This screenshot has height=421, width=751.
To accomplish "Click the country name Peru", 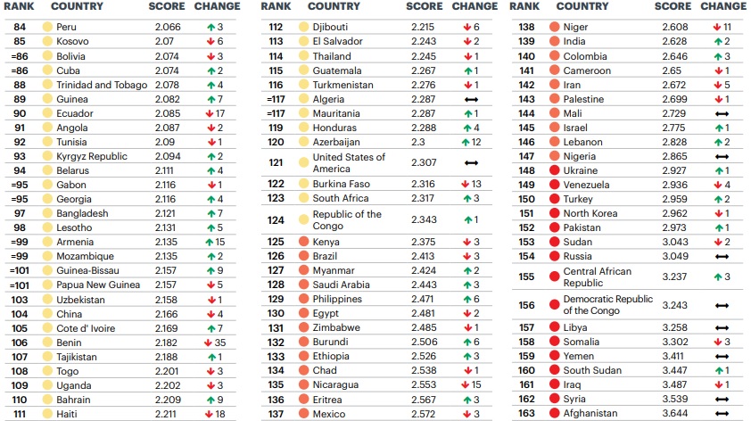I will (x=67, y=28).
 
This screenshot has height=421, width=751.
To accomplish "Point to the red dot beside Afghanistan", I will (x=554, y=413).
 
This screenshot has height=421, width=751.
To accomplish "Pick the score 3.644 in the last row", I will (x=675, y=413).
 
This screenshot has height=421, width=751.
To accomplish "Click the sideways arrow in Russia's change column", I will (x=722, y=256).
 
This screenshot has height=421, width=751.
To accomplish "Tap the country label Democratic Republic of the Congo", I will (x=607, y=305).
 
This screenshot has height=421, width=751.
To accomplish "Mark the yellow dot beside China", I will (x=47, y=313).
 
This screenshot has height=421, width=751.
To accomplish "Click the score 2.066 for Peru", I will (x=168, y=28).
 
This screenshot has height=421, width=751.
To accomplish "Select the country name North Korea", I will (x=590, y=213).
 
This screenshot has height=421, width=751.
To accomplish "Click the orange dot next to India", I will (x=554, y=42).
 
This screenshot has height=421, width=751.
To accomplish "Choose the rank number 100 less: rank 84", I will (x=20, y=28).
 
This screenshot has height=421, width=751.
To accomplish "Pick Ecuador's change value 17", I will (x=219, y=113).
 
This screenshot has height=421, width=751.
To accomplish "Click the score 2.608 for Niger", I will (x=675, y=28).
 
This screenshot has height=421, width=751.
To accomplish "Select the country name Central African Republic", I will (x=597, y=277).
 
